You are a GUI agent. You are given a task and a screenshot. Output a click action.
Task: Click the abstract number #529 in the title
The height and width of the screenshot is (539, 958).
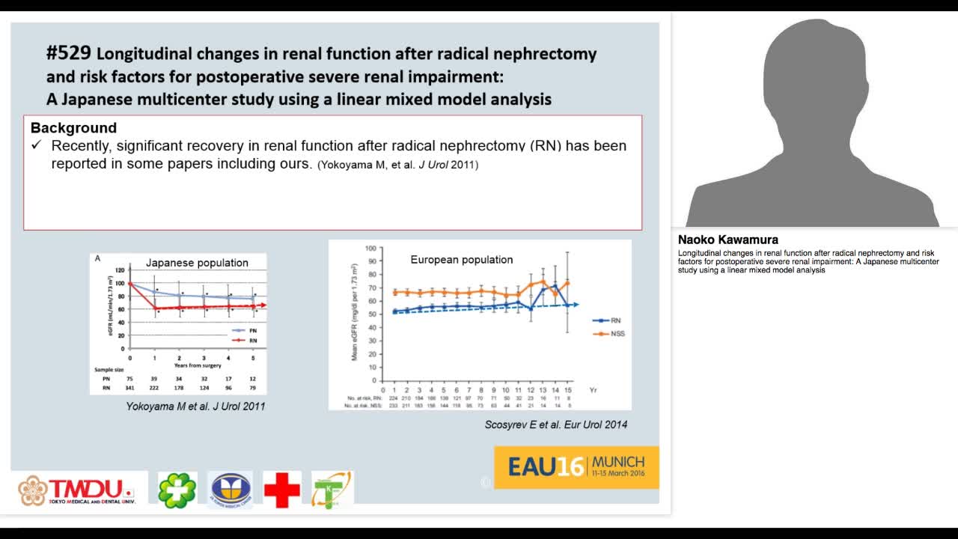68,53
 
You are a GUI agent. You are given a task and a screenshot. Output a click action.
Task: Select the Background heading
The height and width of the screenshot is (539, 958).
73,128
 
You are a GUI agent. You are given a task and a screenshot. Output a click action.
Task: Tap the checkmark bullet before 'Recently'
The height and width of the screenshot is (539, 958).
36,145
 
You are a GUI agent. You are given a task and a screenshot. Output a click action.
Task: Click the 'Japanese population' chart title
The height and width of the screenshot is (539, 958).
197,263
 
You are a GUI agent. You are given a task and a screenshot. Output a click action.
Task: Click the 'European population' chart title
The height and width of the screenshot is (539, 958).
462,260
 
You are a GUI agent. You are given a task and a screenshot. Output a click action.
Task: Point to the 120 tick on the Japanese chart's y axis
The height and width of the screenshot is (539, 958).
120,269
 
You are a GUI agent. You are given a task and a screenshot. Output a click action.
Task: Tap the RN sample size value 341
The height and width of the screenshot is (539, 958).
130,388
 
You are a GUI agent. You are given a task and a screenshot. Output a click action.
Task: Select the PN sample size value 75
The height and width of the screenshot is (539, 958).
130,379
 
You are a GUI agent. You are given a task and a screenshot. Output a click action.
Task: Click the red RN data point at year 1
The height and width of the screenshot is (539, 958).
155,308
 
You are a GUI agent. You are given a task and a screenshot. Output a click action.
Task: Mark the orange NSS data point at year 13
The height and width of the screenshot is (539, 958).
543,281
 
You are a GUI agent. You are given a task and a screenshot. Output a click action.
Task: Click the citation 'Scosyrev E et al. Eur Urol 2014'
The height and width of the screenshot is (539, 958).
556,424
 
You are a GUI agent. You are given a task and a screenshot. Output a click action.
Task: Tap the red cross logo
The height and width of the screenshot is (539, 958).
282,490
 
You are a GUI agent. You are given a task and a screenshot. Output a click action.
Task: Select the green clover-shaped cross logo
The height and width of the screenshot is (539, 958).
177,490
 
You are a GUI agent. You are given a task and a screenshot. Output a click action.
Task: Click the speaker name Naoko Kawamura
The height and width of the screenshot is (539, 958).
727,240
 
